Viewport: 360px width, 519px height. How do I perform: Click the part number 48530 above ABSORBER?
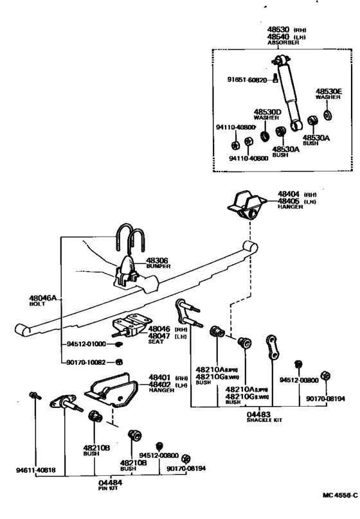click(280, 30)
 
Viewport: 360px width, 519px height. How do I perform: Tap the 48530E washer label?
click(328, 91)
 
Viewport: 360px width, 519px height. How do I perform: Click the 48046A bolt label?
click(42, 298)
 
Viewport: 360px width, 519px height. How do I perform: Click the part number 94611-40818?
click(34, 470)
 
